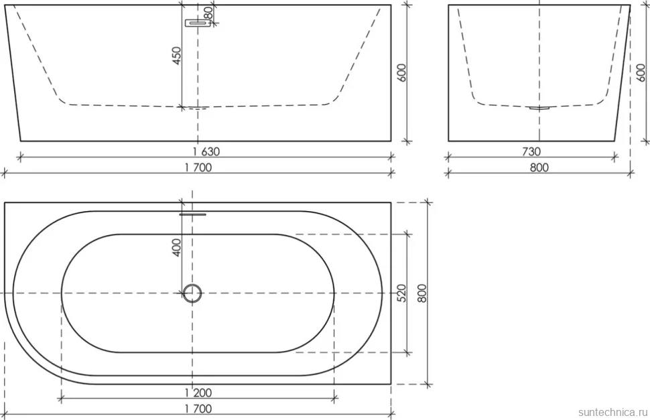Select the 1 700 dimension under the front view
[x=198, y=167]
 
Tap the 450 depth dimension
[x=177, y=56]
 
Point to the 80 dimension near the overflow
[x=209, y=13]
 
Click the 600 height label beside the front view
[x=401, y=73]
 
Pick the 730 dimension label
[x=531, y=151]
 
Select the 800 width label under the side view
[x=539, y=167]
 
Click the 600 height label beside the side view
[x=641, y=73]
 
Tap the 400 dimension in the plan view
[x=177, y=247]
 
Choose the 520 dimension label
[x=401, y=293]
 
